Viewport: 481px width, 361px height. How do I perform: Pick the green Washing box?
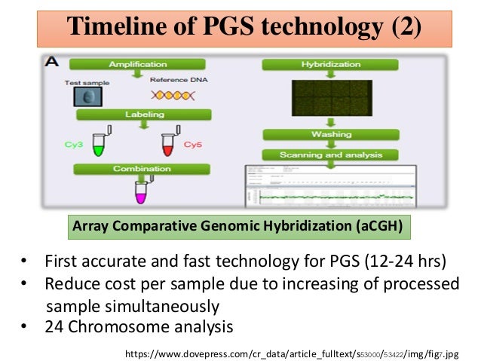coord(331,134)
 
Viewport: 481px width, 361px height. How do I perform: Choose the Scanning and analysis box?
coord(331,154)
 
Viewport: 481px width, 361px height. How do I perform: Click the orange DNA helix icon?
coord(173,96)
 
